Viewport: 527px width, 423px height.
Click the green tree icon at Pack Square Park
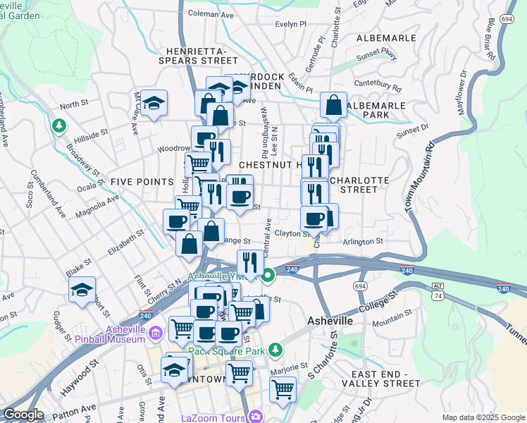pyautogui.click(x=278, y=349)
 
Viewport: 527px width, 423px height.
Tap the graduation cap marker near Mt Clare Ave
pyautogui.click(x=153, y=104)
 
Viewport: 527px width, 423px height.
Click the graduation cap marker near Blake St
pyautogui.click(x=82, y=290)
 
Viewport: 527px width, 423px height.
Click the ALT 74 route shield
pyautogui.click(x=438, y=288)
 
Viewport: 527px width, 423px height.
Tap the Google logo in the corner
pyautogui.click(x=24, y=415)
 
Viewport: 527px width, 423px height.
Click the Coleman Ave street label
pyautogui.click(x=211, y=13)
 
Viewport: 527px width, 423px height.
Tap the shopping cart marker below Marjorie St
pyautogui.click(x=283, y=388)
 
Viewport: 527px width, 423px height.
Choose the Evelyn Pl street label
pyautogui.click(x=291, y=23)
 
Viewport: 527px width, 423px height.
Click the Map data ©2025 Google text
pyautogui.click(x=483, y=417)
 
